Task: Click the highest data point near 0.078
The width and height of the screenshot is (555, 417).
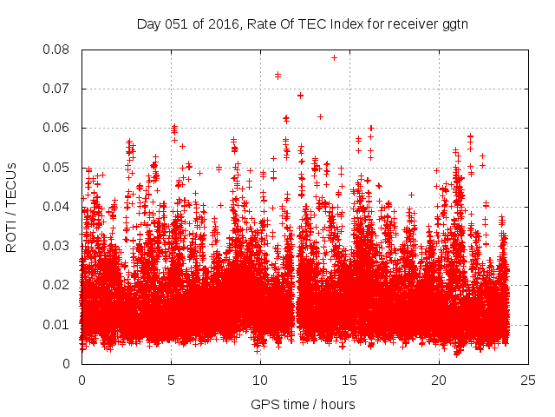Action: pos(334,57)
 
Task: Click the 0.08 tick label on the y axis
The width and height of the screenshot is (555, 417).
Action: pos(59,50)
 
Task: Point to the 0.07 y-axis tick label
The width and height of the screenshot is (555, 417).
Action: pos(59,89)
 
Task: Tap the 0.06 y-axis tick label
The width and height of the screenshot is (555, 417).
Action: pos(59,128)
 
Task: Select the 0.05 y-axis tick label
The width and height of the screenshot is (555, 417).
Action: pos(59,168)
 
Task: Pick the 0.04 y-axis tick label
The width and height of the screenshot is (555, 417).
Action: pos(59,207)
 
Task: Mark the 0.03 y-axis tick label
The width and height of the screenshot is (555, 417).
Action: pos(59,246)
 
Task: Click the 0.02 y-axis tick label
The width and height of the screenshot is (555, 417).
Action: pos(59,285)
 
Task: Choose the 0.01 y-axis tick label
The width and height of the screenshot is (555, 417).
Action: pos(59,325)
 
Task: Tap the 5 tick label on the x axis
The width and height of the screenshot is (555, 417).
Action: pos(171,381)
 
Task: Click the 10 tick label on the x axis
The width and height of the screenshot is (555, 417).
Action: pos(260,381)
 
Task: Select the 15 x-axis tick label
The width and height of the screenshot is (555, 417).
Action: pos(349,381)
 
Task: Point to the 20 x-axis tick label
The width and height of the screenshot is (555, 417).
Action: pos(439,381)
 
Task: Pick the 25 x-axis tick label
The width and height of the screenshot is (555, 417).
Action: pos(528,381)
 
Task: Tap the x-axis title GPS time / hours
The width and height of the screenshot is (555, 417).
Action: pos(303,404)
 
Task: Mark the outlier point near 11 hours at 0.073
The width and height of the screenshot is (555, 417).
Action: pos(277,76)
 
